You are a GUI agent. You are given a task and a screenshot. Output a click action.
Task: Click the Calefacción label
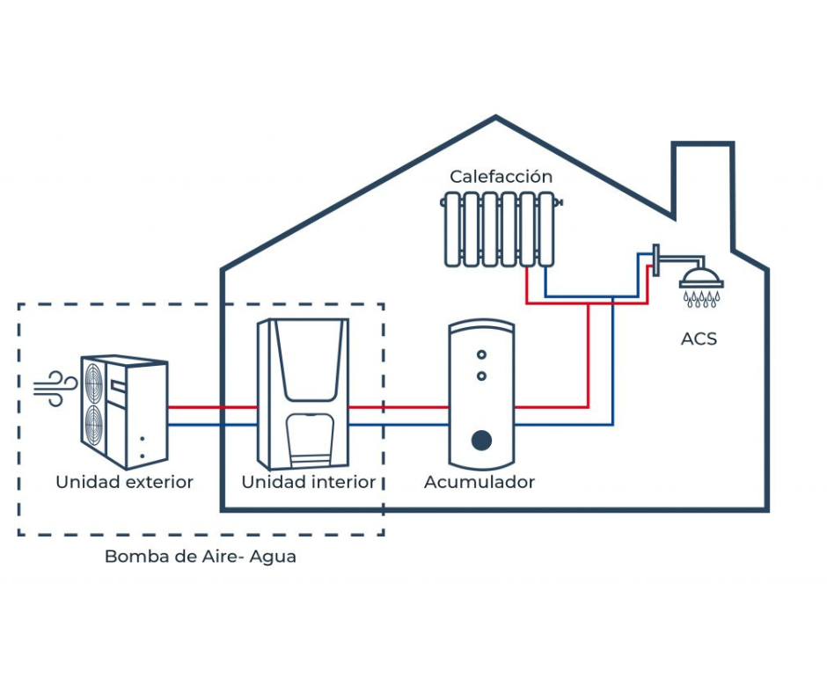tap(501, 177)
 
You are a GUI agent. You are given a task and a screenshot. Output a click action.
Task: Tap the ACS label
tap(699, 339)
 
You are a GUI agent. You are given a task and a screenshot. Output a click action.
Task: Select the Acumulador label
tap(479, 482)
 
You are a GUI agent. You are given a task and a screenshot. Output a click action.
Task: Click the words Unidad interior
tap(308, 482)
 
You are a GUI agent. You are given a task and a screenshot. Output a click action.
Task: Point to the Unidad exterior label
tap(124, 482)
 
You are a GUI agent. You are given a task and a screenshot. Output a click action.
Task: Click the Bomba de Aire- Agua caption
tap(200, 557)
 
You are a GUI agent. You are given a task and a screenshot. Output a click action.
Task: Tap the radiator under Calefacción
tap(499, 230)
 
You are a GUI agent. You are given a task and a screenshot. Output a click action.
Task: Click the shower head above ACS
tap(701, 277)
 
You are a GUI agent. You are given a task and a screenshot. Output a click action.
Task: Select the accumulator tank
tap(480, 396)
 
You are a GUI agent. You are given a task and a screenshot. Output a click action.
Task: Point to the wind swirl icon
tap(56, 388)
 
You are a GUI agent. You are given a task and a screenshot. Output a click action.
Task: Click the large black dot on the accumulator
tap(480, 439)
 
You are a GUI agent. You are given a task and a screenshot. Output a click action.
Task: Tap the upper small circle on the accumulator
tap(481, 354)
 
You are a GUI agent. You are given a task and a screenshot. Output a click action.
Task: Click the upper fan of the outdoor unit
tap(92, 383)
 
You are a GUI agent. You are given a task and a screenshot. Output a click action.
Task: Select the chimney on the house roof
tap(703, 189)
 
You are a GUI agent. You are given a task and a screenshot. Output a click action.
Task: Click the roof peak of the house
tap(496, 119)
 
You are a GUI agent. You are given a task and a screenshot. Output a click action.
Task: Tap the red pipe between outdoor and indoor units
tap(211, 408)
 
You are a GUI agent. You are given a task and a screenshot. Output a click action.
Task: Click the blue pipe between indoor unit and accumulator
tap(399, 425)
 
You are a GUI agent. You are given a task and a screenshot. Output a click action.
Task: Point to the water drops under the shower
tap(701, 300)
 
